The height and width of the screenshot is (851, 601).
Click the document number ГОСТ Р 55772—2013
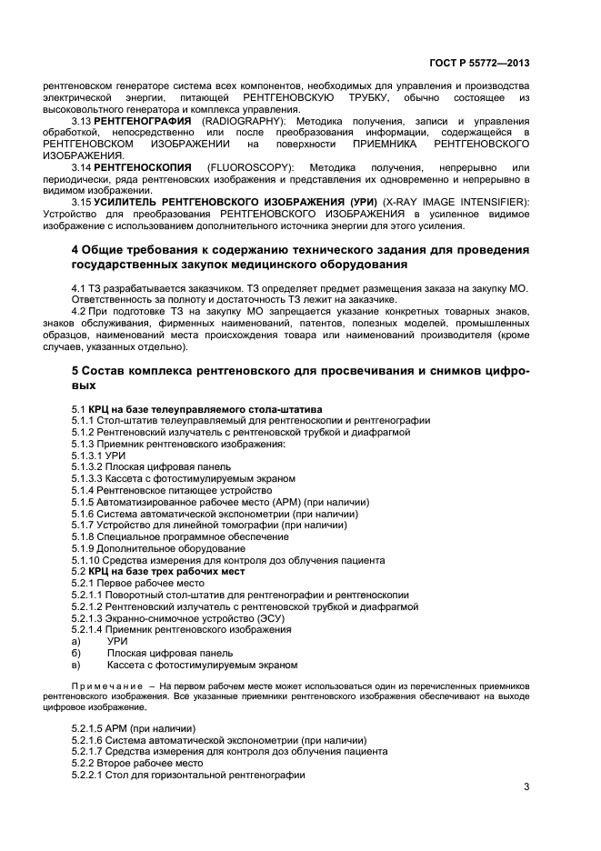(x=478, y=64)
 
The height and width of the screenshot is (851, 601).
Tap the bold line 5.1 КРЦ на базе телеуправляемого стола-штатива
(x=196, y=409)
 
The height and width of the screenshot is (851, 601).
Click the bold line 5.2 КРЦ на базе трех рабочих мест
(x=158, y=571)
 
